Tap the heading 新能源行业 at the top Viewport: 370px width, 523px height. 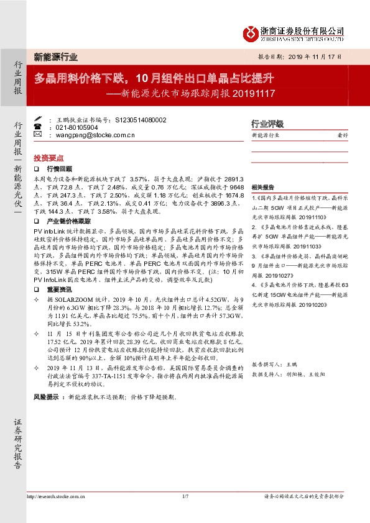pyautogui.click(x=55, y=57)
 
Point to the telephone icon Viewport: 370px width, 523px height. pyautogui.click(x=37, y=127)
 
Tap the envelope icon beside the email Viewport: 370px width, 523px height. pyautogui.click(x=37, y=134)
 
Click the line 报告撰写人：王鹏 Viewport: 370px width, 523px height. pyautogui.click(x=273, y=364)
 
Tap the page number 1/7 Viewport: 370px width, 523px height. pyautogui.click(x=185, y=496)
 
